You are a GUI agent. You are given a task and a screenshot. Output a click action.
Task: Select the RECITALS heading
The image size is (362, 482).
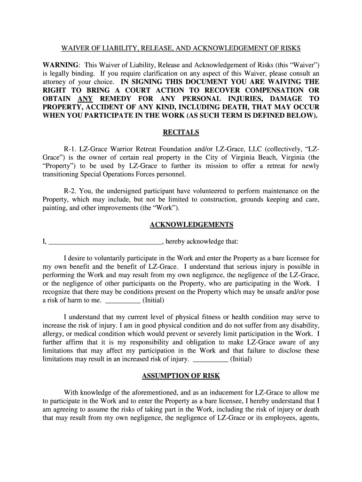coord(181,132)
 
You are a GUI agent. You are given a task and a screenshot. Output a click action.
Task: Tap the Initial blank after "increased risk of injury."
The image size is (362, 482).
coord(211,359)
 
